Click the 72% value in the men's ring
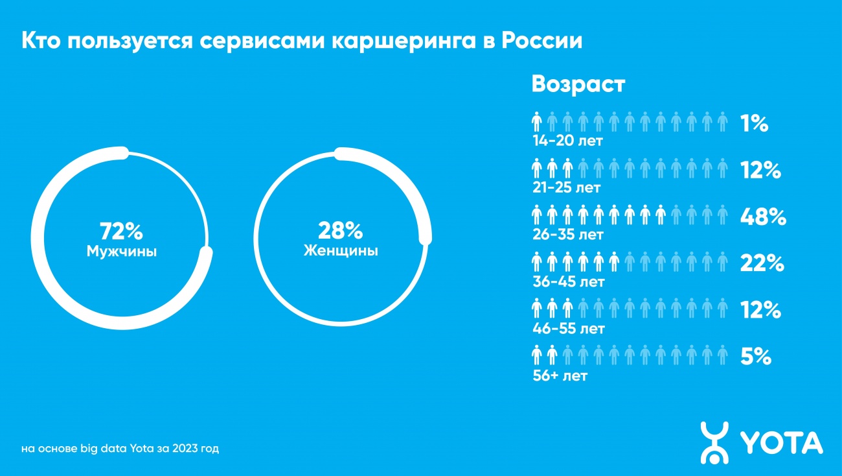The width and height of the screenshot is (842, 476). click(x=121, y=231)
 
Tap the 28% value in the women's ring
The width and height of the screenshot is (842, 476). click(x=341, y=230)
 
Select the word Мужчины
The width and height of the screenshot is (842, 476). click(x=122, y=252)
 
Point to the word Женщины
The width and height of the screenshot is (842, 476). click(x=341, y=251)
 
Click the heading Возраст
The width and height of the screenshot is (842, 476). click(x=578, y=84)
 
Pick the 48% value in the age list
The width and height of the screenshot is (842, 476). click(x=763, y=218)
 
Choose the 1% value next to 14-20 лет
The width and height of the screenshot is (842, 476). click(x=754, y=123)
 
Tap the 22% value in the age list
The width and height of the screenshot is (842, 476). click(x=762, y=264)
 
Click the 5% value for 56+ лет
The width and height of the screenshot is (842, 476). click(x=755, y=357)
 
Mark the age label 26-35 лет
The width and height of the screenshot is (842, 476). click(x=567, y=234)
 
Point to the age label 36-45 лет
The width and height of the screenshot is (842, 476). click(x=568, y=282)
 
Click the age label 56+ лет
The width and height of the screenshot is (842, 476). click(x=560, y=375)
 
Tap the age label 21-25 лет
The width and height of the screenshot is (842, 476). click(x=566, y=188)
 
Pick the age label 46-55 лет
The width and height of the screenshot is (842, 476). click(x=568, y=329)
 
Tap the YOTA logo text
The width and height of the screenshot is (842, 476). click(x=781, y=443)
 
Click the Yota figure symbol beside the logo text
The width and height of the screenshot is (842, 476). click(x=714, y=443)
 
